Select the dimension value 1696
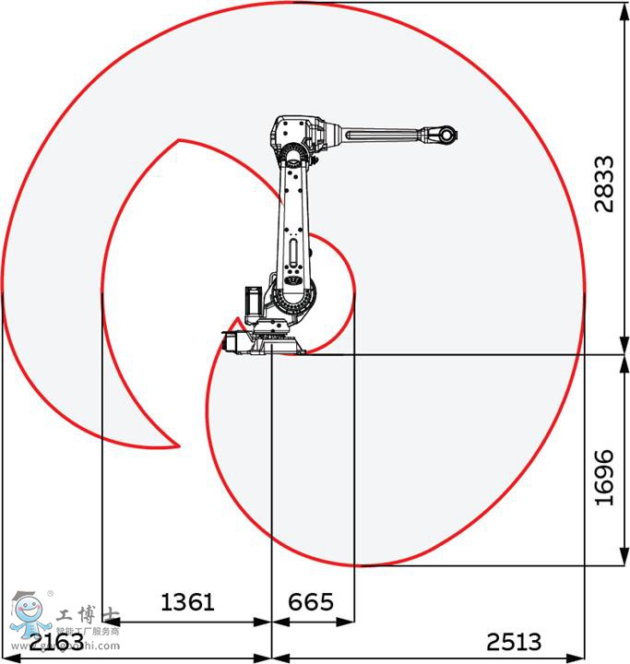pos(603,477)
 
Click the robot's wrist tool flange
pos(447,135)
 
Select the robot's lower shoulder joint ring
pos(294,296)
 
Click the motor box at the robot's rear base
pos(234,340)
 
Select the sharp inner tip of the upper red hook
pos(178,140)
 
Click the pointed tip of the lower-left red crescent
pos(177,446)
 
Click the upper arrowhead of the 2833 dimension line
pos(619,7)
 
